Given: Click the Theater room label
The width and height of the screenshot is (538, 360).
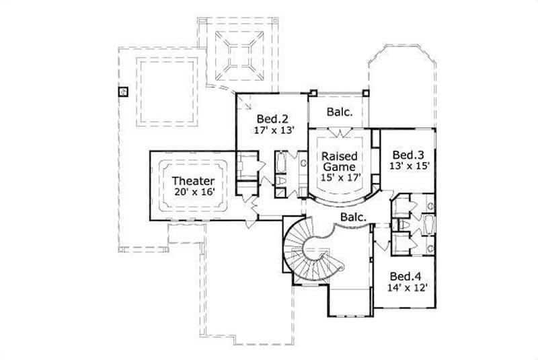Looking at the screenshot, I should pyautogui.click(x=193, y=181).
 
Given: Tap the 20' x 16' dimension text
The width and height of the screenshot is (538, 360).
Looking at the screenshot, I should pyautogui.click(x=193, y=192).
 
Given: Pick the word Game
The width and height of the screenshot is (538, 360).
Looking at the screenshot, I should pyautogui.click(x=340, y=166).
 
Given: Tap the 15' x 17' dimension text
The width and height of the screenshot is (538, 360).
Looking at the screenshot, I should pyautogui.click(x=340, y=177).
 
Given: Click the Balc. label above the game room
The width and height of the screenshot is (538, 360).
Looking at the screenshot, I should pyautogui.click(x=340, y=112).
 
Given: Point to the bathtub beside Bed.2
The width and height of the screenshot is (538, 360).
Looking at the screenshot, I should pyautogui.click(x=281, y=165).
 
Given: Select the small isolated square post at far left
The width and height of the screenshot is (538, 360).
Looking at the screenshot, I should pyautogui.click(x=123, y=92).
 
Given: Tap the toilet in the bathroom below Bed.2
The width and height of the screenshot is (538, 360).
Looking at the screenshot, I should pyautogui.click(x=282, y=182).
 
